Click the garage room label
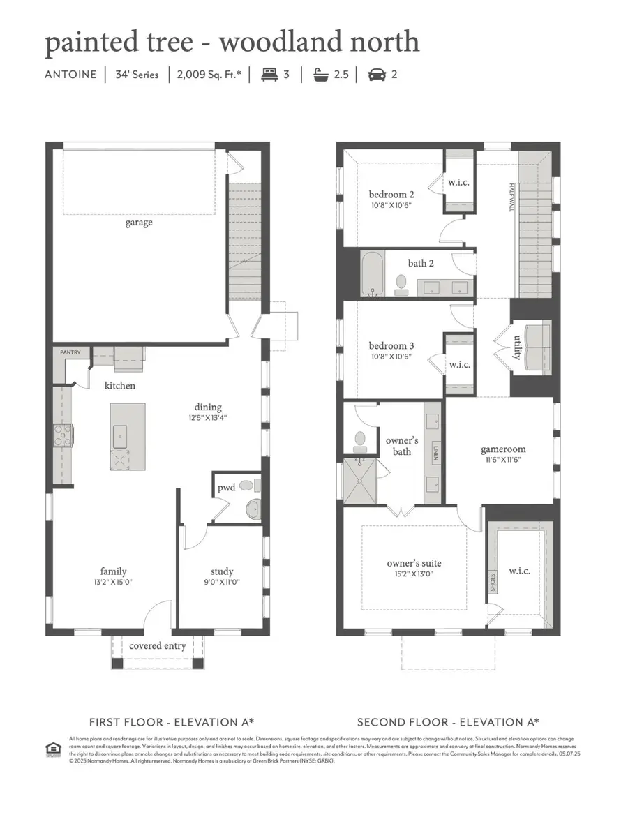(139, 223)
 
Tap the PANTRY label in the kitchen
(71, 353)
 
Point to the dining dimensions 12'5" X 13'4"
(208, 418)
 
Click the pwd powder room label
(227, 488)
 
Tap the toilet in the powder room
(247, 486)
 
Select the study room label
(221, 571)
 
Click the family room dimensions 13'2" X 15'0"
(113, 583)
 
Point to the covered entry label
(158, 646)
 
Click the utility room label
(517, 347)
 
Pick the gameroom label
(503, 449)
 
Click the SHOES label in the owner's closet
(493, 582)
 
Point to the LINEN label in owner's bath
(434, 453)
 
